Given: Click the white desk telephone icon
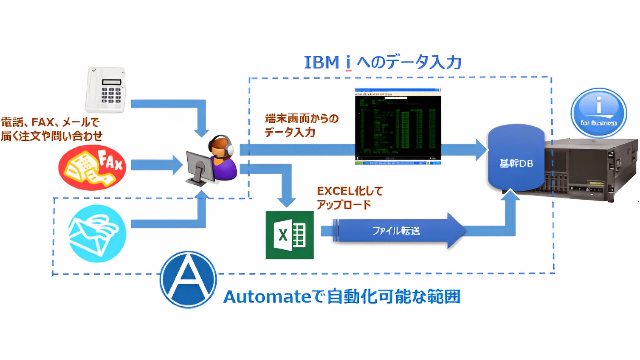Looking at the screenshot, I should tap(105, 90).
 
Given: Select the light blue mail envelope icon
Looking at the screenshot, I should tap(97, 234).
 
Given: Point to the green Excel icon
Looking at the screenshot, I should tap(290, 235).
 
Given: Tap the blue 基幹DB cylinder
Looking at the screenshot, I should tap(516, 159).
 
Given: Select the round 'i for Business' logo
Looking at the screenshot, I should tap(598, 113).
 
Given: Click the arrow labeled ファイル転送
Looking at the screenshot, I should tap(396, 231).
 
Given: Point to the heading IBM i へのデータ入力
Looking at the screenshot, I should tap(383, 62).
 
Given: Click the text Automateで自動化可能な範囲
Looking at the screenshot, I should tap(342, 296).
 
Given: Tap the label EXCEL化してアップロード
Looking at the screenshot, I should tap(349, 198).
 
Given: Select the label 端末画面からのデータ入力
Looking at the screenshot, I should tap(301, 125).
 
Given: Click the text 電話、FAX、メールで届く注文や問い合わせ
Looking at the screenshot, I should tap(51, 129).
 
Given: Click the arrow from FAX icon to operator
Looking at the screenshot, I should tap(156, 165).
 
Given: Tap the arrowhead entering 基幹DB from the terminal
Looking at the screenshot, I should tap(480, 150).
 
